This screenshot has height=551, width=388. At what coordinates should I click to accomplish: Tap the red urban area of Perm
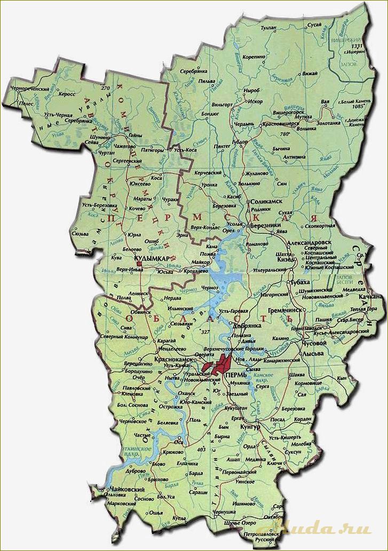point(219,367)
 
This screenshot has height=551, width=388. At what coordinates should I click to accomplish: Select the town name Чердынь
point(244,123)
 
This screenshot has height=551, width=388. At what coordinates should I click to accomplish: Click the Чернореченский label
point(31,88)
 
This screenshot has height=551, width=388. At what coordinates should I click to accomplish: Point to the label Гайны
point(136,136)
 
